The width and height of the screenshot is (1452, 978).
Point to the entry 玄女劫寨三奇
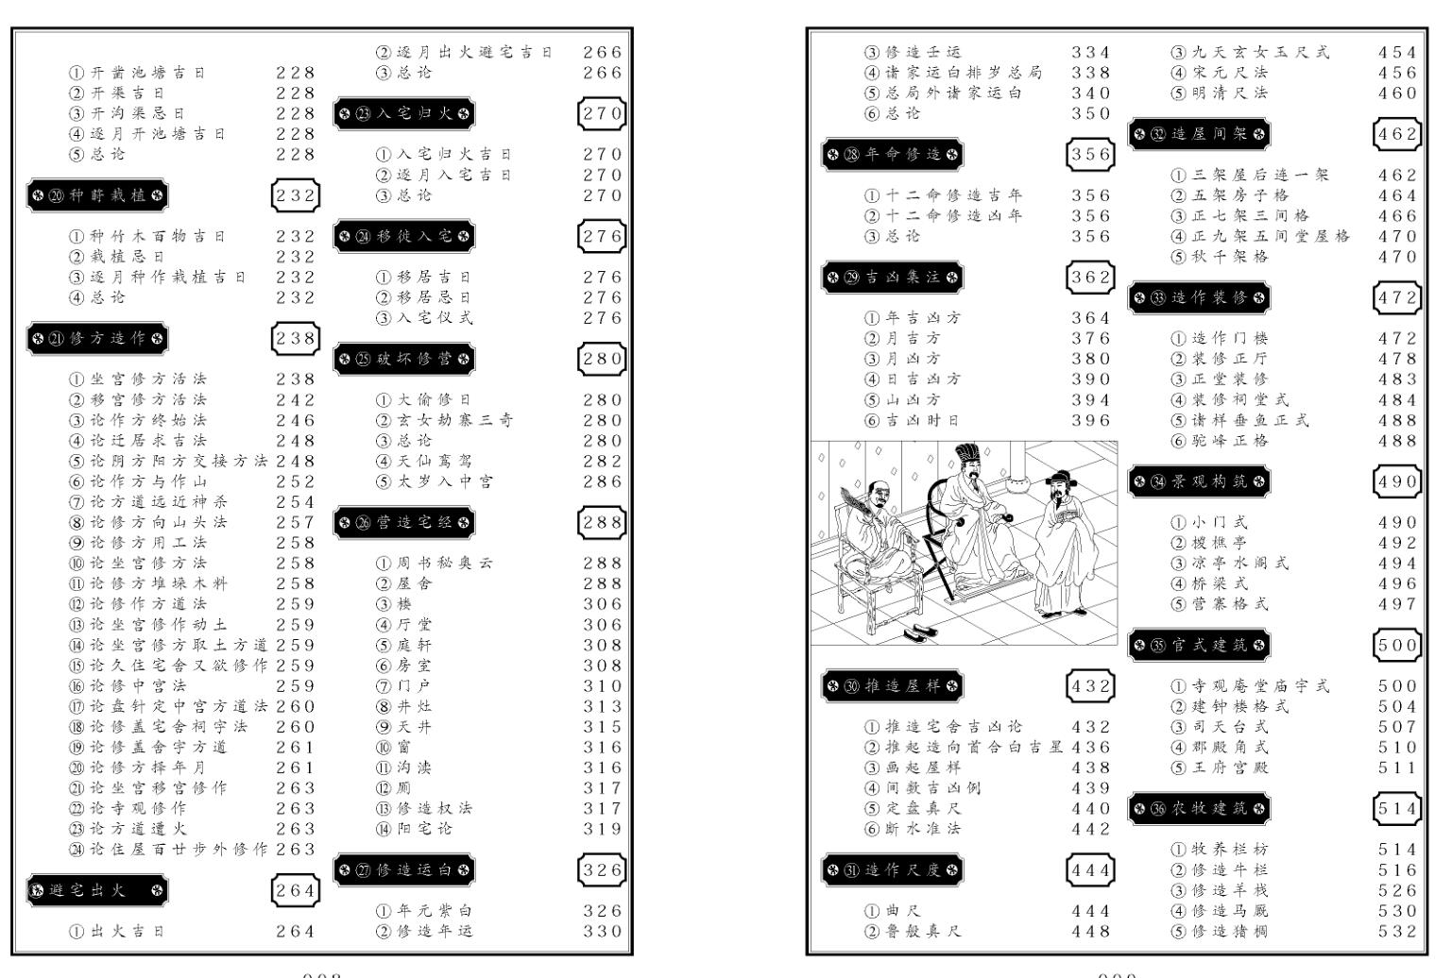click(444, 420)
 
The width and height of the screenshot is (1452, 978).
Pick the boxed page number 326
click(602, 870)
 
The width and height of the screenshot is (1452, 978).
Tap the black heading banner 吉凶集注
click(892, 278)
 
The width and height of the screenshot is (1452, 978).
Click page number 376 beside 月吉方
click(1091, 339)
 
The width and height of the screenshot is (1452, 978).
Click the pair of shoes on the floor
click(915, 633)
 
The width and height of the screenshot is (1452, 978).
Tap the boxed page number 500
click(1397, 646)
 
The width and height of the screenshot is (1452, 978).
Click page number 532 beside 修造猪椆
click(1397, 932)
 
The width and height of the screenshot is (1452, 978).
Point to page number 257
click(296, 523)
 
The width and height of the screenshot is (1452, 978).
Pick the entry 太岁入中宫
click(434, 481)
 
